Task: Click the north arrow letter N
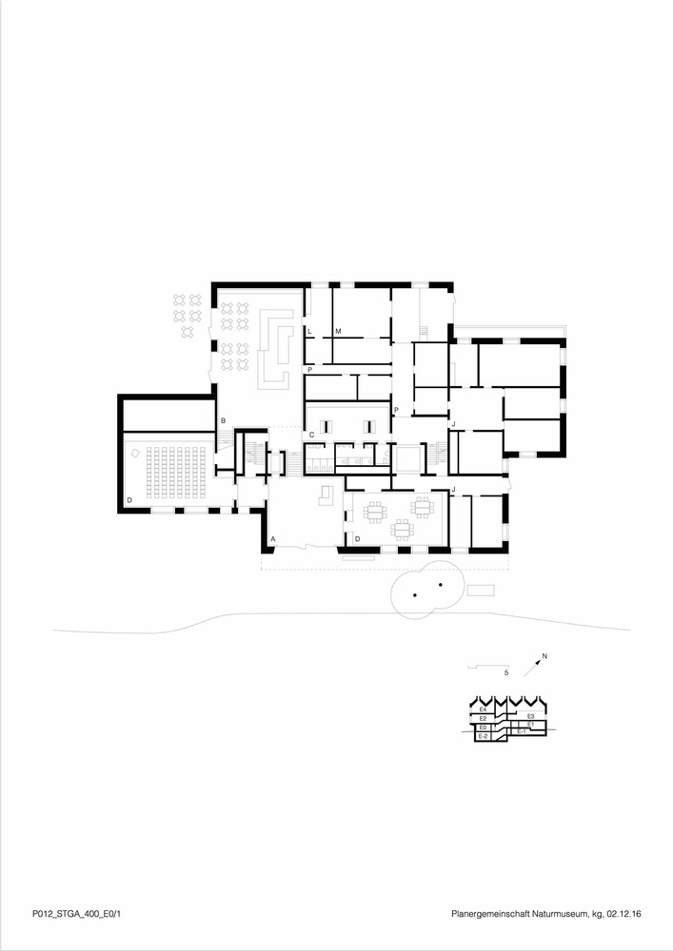pos(544,655)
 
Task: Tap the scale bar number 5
pos(506,672)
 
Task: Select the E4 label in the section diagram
pos(484,709)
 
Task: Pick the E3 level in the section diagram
pos(529,715)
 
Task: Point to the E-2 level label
pos(483,736)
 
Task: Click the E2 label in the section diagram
pos(483,718)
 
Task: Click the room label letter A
pos(273,539)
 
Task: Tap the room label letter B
pos(223,420)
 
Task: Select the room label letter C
pos(311,435)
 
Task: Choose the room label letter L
pos(310,330)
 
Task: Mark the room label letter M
pos(338,330)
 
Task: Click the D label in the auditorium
pos(129,499)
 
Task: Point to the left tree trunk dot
pos(416,595)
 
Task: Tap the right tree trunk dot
pos(441,583)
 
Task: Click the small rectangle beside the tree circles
pos(481,590)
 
